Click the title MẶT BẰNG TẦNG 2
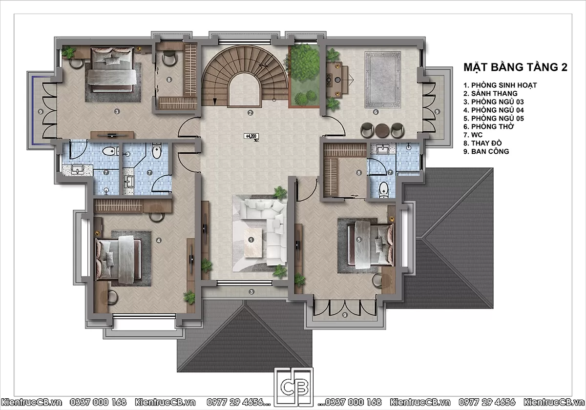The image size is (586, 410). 515,67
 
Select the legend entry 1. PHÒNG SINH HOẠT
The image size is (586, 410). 500,85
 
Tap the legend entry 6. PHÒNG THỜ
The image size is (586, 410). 489,126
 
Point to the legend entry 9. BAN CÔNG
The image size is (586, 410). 486,151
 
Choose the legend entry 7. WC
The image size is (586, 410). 473,135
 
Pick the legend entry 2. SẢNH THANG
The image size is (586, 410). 490,93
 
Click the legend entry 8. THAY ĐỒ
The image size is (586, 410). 482,143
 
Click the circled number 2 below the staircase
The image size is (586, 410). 251,113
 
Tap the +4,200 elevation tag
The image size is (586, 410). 251,136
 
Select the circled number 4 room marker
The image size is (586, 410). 159,240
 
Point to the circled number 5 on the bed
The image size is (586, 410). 359,240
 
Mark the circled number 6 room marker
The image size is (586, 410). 376,112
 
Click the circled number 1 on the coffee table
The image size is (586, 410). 251,240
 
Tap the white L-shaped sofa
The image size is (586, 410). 272,222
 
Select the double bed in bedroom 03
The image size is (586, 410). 112,69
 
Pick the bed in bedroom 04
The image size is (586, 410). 119,259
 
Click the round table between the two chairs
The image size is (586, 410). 382,130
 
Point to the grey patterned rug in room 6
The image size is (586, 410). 382,80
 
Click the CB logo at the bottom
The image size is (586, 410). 293,387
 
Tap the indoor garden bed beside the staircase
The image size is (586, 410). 304,76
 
